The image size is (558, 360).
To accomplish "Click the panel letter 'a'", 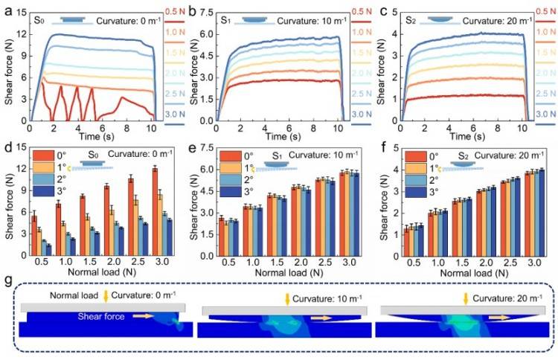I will tap(7, 10).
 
